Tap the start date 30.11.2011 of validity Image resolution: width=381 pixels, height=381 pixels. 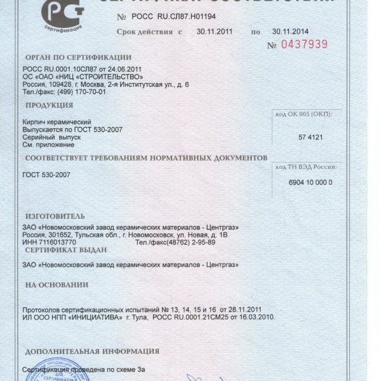point(216,31)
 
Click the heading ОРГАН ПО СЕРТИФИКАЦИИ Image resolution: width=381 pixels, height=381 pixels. point(77,58)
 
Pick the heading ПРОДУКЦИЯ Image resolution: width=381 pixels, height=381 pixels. point(50,105)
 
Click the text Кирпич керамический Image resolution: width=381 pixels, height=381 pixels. point(58,121)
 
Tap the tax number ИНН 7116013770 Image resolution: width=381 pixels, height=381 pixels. point(50,242)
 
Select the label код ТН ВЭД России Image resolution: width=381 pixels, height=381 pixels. point(306,166)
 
